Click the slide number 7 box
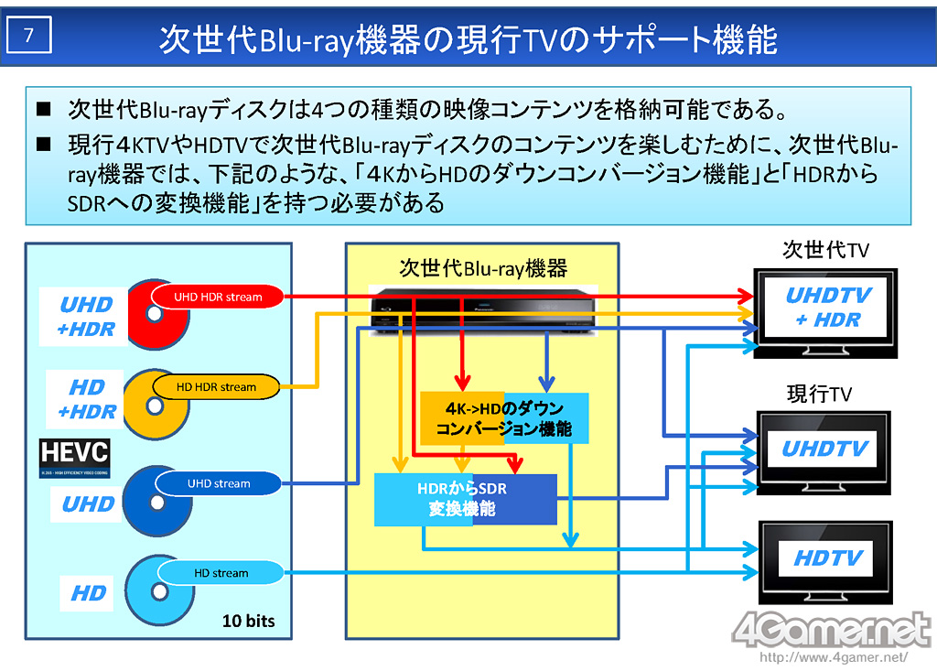point(30,36)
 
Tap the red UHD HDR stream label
point(218,297)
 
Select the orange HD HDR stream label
point(216,386)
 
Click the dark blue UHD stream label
point(218,483)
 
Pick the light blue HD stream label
point(221,573)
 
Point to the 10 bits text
point(248,621)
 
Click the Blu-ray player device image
point(482,308)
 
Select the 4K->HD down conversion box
point(503,419)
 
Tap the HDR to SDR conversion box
point(465,499)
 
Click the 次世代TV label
point(825,250)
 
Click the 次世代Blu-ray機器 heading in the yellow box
point(483,267)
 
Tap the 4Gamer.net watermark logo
point(830,630)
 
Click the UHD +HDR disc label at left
point(86,317)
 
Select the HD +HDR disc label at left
point(87,399)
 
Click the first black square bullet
point(44,112)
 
